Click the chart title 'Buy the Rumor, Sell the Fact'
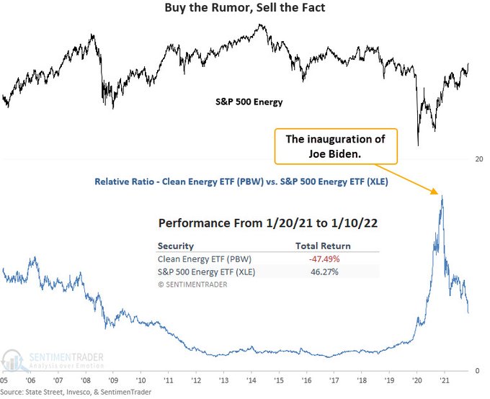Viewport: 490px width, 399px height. [x=245, y=8]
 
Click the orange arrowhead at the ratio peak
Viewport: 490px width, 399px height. [x=437, y=193]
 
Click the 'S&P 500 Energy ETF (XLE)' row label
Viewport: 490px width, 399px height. [x=206, y=272]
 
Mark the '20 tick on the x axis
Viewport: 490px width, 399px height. [x=417, y=380]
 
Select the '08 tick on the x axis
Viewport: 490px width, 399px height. [x=86, y=380]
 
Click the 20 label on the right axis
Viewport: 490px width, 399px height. [x=479, y=158]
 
